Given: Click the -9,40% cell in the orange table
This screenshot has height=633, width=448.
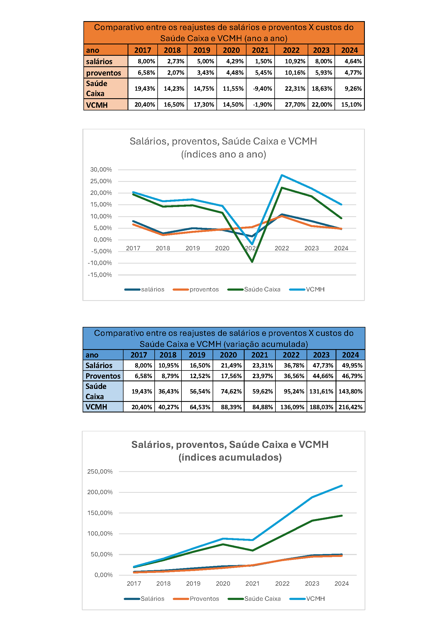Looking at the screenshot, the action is tap(262, 89).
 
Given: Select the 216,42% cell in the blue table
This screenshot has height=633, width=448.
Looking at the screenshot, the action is tap(350, 407).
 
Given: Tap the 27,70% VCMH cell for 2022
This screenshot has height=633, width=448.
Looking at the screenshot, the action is tap(295, 105).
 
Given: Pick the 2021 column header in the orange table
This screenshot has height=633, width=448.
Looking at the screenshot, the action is tap(260, 50).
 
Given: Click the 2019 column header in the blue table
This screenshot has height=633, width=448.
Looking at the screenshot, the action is tap(197, 355).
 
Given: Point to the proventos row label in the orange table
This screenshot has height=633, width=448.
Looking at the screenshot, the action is tap(103, 73).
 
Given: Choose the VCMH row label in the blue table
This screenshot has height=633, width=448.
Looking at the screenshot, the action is tap(96, 407).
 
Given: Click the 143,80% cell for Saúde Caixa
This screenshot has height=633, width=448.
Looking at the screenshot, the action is tap(350, 392).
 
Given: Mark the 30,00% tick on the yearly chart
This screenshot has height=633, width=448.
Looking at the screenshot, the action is tap(101, 170).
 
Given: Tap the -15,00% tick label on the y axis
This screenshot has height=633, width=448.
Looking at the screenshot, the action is tap(100, 275).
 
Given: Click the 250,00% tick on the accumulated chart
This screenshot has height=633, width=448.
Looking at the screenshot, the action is tap(100, 471).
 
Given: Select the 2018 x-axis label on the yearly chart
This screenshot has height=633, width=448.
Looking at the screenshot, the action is tap(163, 248).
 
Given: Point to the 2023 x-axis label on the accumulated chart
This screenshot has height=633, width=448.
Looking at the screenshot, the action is tap(312, 583).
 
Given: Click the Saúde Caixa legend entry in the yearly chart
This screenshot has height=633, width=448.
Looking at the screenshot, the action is tap(254, 290).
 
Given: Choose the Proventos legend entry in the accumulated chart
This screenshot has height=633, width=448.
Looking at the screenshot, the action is tap(196, 599).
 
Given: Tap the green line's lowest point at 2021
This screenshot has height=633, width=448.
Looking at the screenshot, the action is tap(252, 262).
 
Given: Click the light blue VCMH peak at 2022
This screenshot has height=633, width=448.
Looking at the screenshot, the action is tap(282, 175).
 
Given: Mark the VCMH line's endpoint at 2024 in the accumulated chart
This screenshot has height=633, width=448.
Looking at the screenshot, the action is tap(342, 486).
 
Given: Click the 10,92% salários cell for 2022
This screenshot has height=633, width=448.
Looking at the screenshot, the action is tap(295, 61).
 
